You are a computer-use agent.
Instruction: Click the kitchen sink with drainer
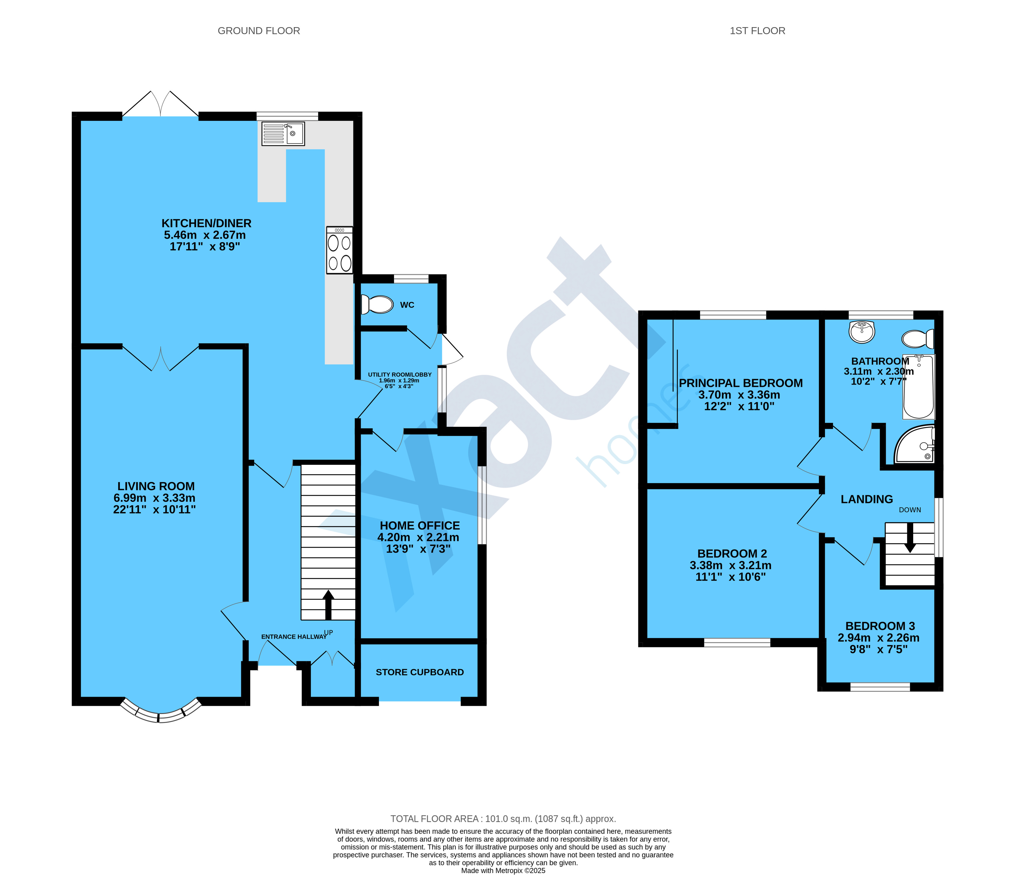click(283, 134)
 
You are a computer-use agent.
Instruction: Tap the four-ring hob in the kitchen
click(339, 250)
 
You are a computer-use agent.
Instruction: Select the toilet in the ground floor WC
click(377, 304)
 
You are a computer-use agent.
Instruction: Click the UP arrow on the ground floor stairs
click(328, 605)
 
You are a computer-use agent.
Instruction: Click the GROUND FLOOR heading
click(259, 31)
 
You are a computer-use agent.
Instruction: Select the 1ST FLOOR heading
click(757, 31)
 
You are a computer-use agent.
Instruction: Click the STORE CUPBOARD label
click(420, 672)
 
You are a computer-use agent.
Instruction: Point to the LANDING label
click(866, 499)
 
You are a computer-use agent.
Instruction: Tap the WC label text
click(407, 305)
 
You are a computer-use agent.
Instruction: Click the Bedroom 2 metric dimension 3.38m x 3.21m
click(730, 565)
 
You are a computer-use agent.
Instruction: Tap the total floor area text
click(503, 819)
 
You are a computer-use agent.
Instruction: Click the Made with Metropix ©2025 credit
click(503, 871)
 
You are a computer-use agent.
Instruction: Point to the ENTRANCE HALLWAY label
click(294, 637)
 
